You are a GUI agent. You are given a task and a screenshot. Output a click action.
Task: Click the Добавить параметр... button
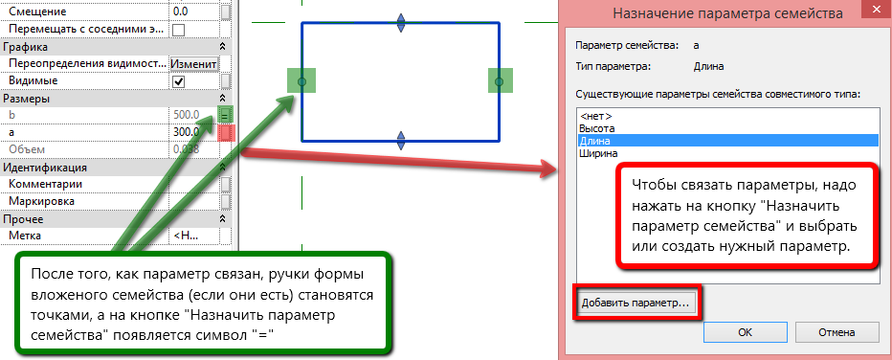[x=636, y=303]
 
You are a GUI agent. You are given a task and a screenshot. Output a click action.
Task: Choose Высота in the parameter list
[x=597, y=127]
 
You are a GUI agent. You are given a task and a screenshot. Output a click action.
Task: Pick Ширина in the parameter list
[x=599, y=152]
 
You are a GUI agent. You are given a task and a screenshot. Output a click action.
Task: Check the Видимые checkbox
[x=178, y=81]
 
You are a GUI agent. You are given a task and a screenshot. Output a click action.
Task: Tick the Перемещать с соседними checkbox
[x=178, y=29]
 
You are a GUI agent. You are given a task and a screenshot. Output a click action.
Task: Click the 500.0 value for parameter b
[x=188, y=115]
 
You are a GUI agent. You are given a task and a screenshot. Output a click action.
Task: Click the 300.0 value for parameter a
[x=188, y=132]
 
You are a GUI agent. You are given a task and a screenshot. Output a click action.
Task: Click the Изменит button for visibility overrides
[x=194, y=64]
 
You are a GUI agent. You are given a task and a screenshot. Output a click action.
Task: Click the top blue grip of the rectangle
[x=401, y=21]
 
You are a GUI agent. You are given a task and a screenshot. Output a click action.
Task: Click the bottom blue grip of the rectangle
[x=401, y=142]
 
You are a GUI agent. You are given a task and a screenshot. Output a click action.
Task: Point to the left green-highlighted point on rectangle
[x=301, y=82]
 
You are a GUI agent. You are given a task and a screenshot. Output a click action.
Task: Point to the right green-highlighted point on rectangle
[x=498, y=82]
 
